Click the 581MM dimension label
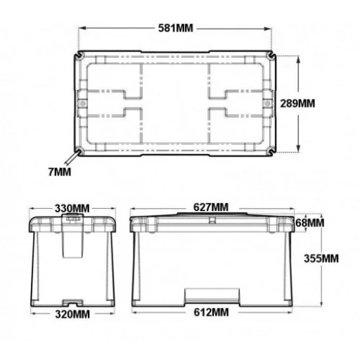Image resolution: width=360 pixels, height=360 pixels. pos(175,28)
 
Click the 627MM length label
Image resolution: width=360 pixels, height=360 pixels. pos(211,207)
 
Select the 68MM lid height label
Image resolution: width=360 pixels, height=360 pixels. pos(309,223)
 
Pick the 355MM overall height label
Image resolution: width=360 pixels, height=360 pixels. pos(322,258)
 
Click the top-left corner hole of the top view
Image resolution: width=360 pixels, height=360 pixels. pos(82,56)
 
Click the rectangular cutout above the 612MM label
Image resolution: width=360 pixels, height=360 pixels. pos(212,296)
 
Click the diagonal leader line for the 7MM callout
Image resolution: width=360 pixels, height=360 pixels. pos(74,160)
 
